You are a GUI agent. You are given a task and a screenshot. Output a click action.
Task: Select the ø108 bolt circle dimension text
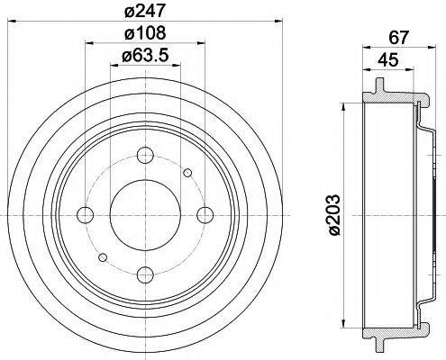(x=143, y=35)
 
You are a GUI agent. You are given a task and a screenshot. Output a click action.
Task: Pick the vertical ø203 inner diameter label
(x=334, y=217)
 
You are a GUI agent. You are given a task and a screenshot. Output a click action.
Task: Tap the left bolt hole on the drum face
(x=85, y=214)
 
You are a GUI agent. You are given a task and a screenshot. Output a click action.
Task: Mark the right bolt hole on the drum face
(x=205, y=214)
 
